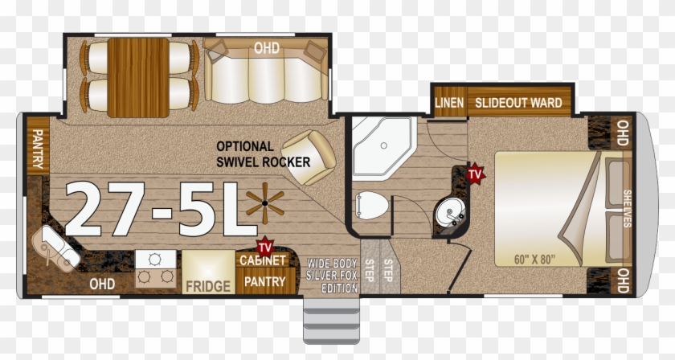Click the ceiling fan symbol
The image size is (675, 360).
[265, 203]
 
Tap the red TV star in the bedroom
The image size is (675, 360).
[475, 174]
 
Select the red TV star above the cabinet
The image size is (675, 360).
[265, 247]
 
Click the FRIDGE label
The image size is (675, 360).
[208, 286]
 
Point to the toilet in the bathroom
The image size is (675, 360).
[371, 206]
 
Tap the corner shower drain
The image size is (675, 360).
[383, 145]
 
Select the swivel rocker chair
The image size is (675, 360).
[309, 157]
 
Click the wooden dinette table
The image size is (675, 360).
[138, 77]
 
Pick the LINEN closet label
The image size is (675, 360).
[449, 103]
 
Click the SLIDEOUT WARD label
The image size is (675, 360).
[519, 103]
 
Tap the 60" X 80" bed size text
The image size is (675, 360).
[534, 260]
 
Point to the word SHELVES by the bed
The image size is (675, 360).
[628, 208]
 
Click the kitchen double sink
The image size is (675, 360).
[55, 249]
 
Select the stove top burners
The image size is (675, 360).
[155, 268]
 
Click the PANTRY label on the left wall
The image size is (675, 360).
[38, 149]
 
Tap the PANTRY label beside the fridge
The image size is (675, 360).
[264, 281]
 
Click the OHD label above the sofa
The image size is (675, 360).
[267, 47]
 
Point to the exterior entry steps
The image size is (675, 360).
[331, 321]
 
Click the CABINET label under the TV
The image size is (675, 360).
[263, 260]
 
